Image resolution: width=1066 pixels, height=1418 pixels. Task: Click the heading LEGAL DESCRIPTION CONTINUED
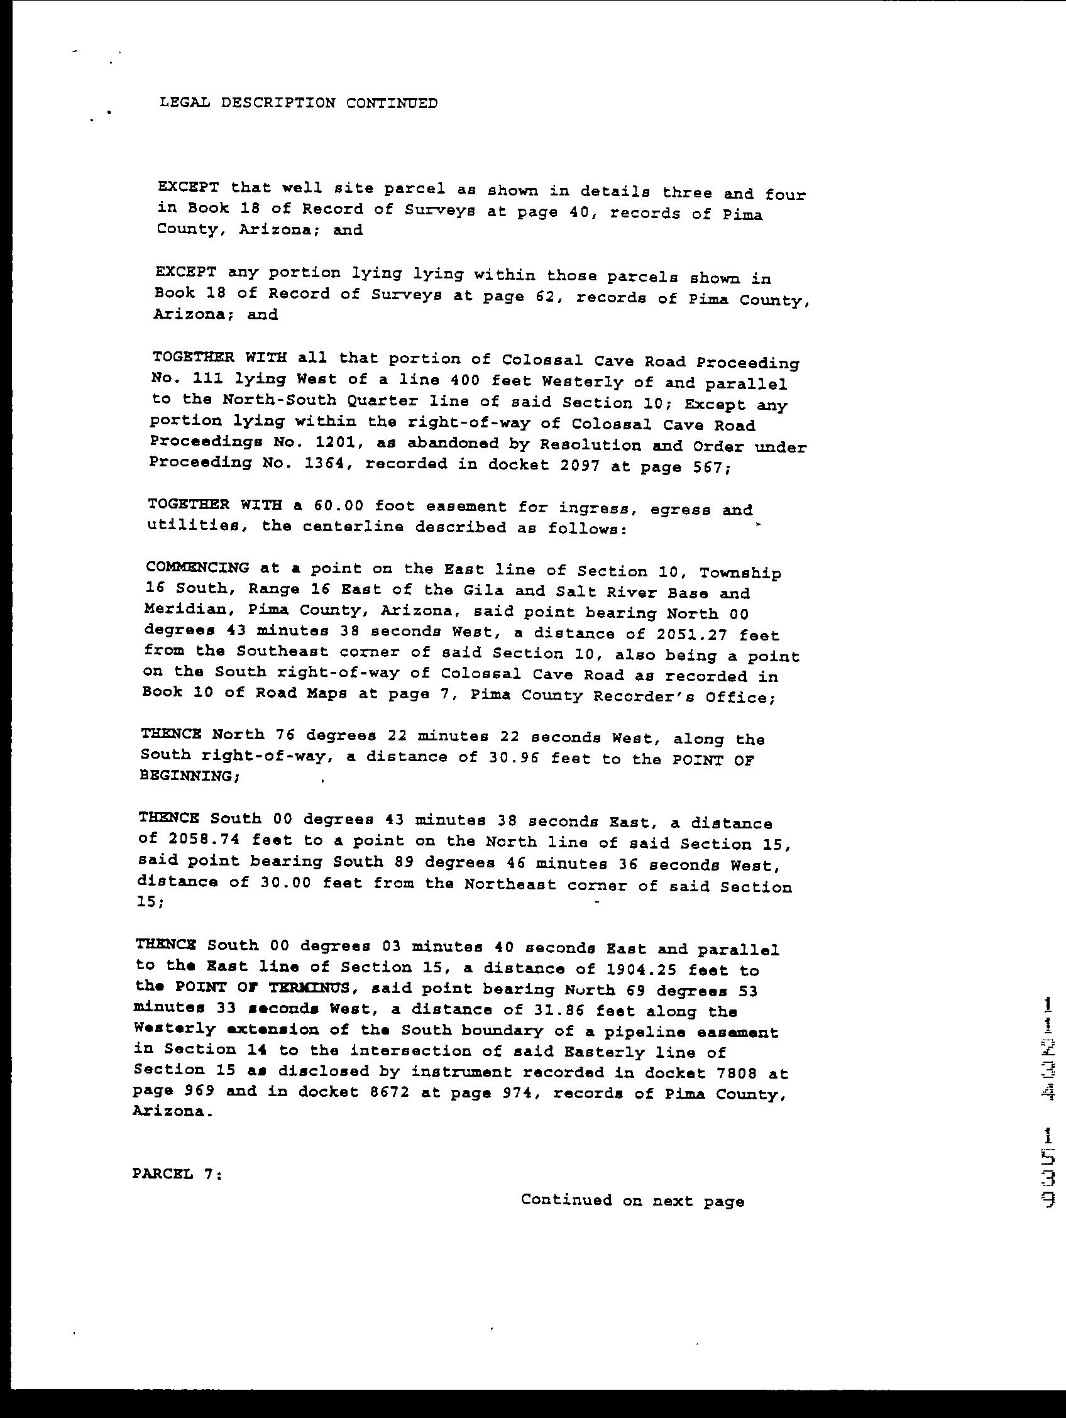(x=299, y=102)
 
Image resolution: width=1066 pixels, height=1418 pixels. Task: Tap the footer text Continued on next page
(x=632, y=1200)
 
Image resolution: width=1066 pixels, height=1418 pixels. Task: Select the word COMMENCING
(x=197, y=568)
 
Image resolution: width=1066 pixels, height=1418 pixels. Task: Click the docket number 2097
(x=580, y=466)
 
